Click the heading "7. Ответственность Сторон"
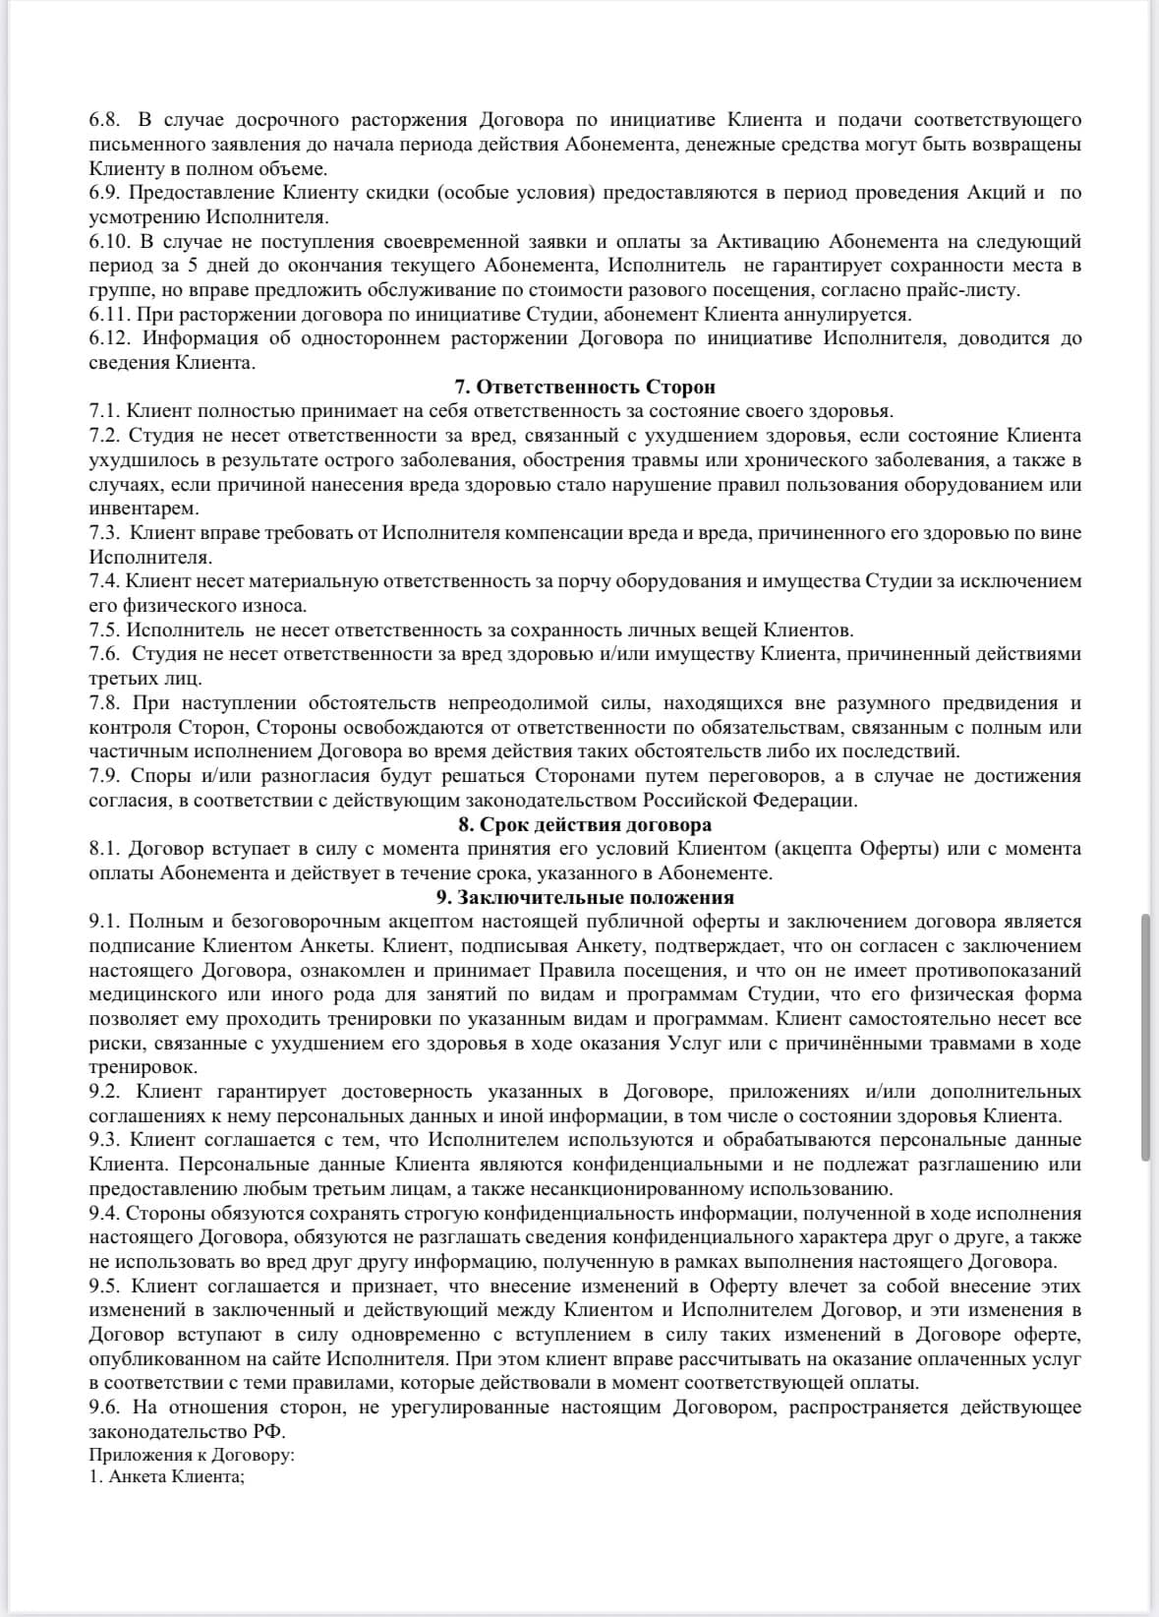[x=585, y=387]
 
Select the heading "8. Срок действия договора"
[x=585, y=824]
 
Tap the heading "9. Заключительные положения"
[x=585, y=897]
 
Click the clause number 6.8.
[x=104, y=120]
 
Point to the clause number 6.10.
[x=108, y=241]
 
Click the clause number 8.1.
[x=104, y=848]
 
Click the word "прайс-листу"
[x=969, y=290]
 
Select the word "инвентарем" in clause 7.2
[x=144, y=509]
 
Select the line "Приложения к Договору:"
[x=193, y=1455]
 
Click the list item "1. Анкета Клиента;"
[x=166, y=1477]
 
